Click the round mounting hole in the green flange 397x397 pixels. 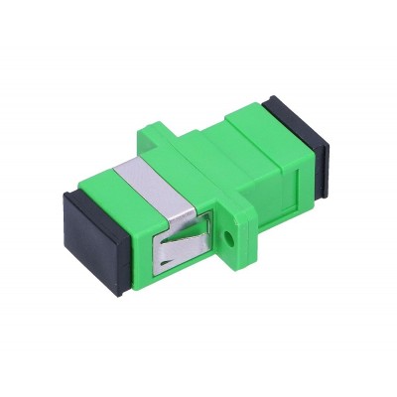click(230, 239)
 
